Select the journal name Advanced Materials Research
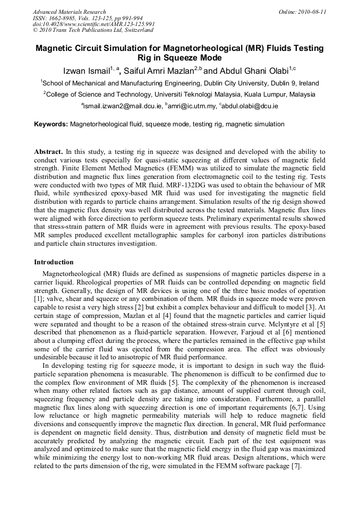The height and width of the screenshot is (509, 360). [x=69, y=12]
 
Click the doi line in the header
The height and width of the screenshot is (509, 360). [x=93, y=24]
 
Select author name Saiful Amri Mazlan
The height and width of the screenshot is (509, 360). [x=160, y=71]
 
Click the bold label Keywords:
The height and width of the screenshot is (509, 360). [x=51, y=124]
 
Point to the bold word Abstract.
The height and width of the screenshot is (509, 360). [x=49, y=151]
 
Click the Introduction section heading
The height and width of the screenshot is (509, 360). [x=54, y=262]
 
